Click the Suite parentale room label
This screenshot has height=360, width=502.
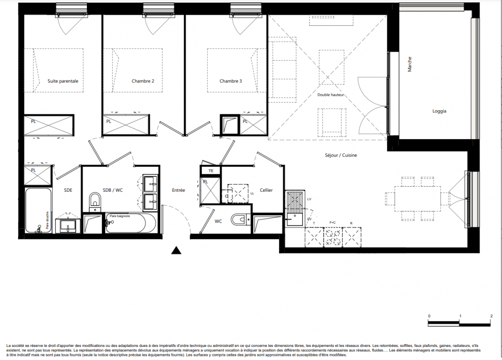63,81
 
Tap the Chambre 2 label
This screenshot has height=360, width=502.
143,81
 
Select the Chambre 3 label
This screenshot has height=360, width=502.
231,81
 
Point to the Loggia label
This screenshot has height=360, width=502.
439,111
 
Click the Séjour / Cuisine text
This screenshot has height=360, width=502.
341,155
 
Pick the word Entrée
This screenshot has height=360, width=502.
178,190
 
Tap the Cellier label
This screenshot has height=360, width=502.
266,190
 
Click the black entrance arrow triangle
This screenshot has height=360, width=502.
176,250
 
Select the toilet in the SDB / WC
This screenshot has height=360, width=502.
95,201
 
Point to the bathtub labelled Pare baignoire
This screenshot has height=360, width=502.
131,223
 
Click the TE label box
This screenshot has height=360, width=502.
210,171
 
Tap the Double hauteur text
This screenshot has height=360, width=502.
331,94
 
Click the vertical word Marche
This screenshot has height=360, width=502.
409,64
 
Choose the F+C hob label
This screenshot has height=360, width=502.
333,222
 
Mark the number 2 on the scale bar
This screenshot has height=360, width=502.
492,316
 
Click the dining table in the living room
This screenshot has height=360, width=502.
417,199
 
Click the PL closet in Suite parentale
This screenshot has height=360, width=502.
49,125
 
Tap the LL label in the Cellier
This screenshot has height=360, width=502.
252,193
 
